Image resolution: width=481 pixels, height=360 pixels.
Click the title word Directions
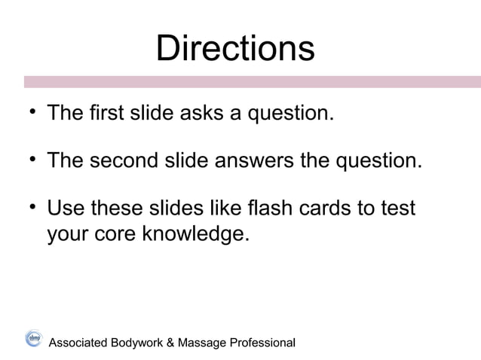(x=234, y=49)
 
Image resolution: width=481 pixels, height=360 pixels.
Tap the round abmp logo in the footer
(x=33, y=338)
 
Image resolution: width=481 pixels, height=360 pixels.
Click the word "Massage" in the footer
(x=201, y=343)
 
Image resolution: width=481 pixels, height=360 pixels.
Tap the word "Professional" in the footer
(x=260, y=343)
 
